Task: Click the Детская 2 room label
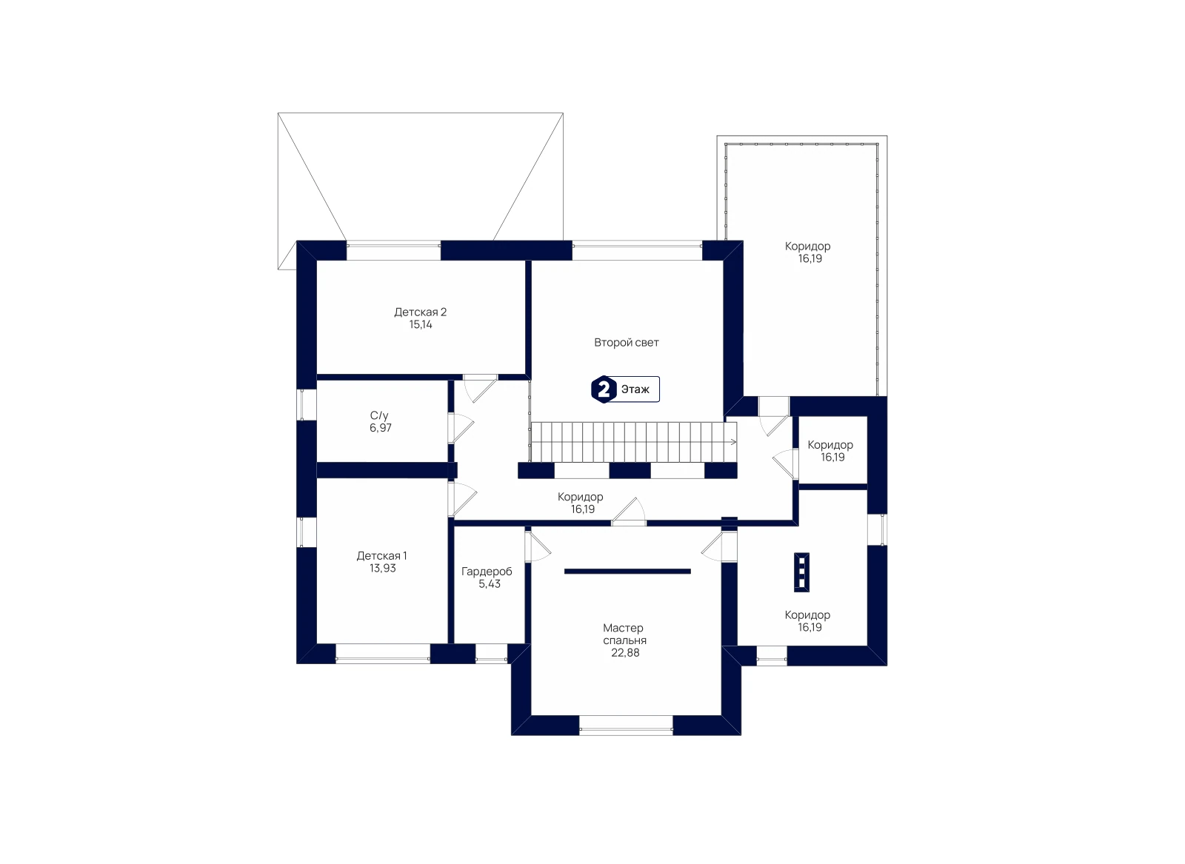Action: click(x=420, y=312)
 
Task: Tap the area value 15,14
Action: click(x=421, y=325)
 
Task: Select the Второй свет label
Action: click(x=627, y=343)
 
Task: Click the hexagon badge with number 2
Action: click(x=603, y=389)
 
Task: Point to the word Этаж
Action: click(x=635, y=389)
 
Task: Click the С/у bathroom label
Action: click(x=379, y=415)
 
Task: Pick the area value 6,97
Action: click(x=381, y=428)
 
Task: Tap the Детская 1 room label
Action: click(x=381, y=556)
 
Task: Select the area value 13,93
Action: click(x=382, y=569)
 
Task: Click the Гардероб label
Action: click(x=487, y=572)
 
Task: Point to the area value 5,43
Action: click(x=490, y=583)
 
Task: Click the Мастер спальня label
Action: click(x=624, y=634)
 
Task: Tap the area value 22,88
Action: click(x=625, y=653)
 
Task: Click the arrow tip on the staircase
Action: click(x=736, y=442)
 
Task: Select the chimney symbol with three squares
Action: click(x=801, y=572)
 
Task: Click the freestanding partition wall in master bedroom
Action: click(x=627, y=571)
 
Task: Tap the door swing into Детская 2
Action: click(x=480, y=389)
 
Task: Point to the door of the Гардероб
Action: click(x=538, y=546)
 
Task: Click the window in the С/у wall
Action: click(x=307, y=405)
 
